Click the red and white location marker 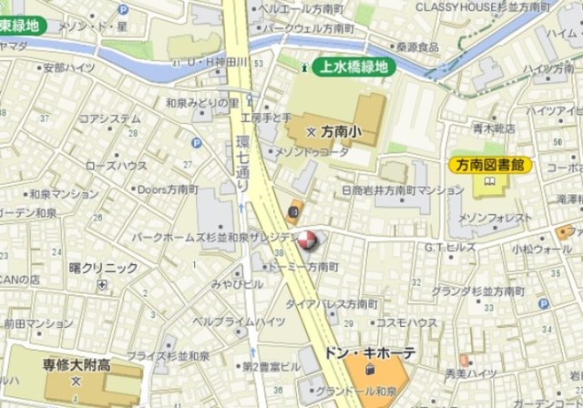pos(309,241)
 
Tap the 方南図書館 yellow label pos(490,165)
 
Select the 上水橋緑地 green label pos(350,66)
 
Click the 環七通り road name pos(243,162)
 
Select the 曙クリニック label pos(103,268)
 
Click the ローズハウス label pos(116,166)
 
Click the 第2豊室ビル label pos(271,366)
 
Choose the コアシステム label pos(109,118)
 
